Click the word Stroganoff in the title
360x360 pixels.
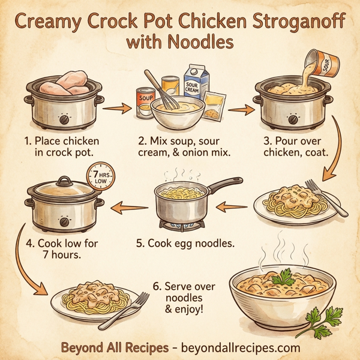click(290, 22)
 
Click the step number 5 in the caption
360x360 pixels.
click(139, 244)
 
